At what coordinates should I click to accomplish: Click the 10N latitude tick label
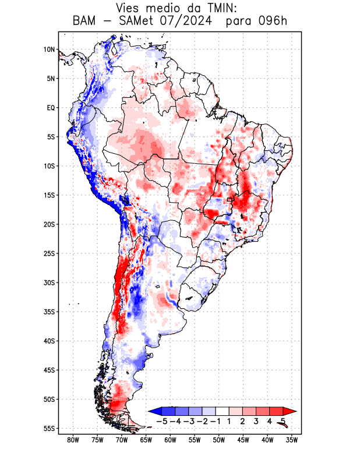click(49, 50)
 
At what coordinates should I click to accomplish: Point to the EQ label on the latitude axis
click(51, 108)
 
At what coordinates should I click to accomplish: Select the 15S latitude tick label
click(49, 195)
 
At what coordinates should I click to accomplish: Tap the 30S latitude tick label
click(49, 283)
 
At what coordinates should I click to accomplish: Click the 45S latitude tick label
click(49, 370)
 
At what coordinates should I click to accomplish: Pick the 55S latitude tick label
click(49, 429)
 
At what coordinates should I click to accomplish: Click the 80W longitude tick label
click(73, 440)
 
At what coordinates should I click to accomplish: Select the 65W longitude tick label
click(146, 440)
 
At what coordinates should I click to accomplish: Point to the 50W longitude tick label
click(219, 440)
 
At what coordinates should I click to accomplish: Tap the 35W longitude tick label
click(292, 440)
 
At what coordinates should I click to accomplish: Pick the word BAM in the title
click(84, 22)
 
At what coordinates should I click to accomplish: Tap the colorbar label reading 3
click(256, 421)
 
